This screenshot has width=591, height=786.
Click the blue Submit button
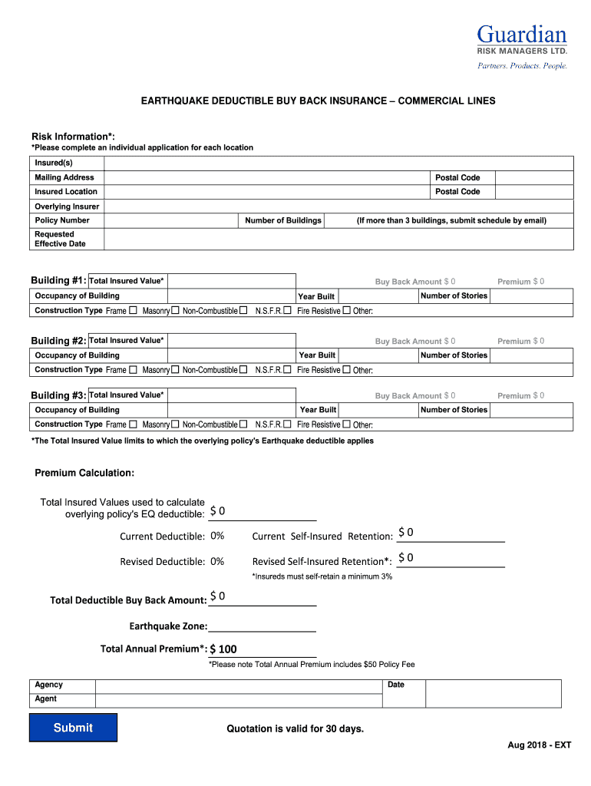pos(73,728)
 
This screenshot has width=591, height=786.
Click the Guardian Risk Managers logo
pos(522,46)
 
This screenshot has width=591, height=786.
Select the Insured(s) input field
pos(338,163)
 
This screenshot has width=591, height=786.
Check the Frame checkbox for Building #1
pos(133,311)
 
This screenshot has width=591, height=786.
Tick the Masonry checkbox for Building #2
pos(175,370)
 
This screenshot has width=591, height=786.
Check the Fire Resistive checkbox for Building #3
pos(346,424)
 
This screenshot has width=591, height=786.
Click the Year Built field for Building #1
pos(378,296)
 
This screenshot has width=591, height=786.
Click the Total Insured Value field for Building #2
pos(231,341)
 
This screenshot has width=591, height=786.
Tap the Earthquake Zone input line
pos(262,626)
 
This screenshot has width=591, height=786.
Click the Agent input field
pos(238,699)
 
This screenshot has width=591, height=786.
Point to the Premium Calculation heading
pos(84,473)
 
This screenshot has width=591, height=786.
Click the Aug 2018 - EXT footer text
pos(539,745)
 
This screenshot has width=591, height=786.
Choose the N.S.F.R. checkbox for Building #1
pos(287,311)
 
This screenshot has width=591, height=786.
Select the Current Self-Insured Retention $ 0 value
pos(406,533)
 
